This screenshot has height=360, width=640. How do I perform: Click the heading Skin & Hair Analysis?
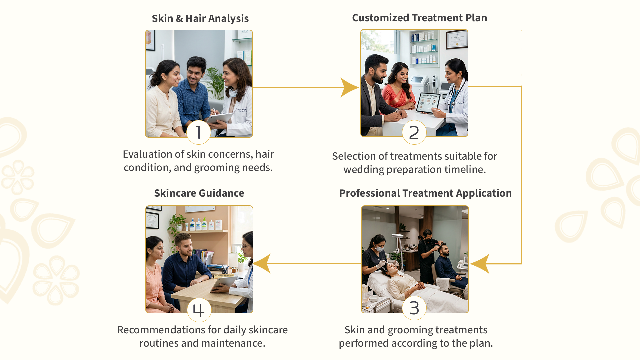point(200,19)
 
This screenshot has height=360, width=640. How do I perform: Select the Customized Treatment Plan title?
point(419,18)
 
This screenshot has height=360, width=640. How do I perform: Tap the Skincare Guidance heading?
point(199,193)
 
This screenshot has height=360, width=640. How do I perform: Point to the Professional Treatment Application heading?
point(425,193)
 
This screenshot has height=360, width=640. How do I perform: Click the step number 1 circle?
point(199,132)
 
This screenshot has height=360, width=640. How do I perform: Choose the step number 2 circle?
point(414,132)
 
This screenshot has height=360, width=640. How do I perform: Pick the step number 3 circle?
point(414,308)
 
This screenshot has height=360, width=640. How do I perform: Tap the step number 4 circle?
point(199,310)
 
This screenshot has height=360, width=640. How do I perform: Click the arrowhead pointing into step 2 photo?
point(349,88)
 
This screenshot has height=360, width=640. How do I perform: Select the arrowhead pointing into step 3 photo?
point(480,264)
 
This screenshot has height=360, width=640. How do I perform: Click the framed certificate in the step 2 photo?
point(457,39)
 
